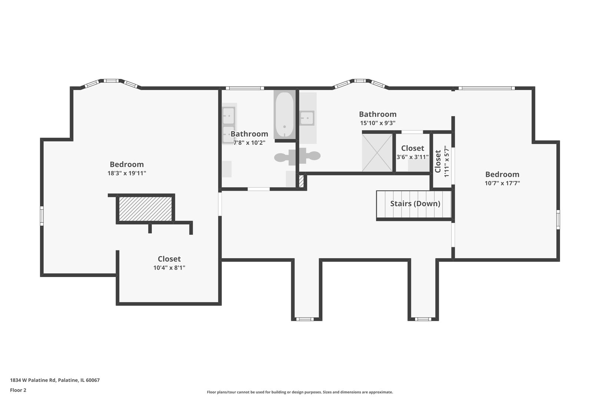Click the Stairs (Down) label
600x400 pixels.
point(415,204)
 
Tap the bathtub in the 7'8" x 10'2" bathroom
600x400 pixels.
point(284,115)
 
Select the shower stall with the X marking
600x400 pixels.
point(377,153)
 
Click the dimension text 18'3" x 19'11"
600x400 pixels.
point(127,173)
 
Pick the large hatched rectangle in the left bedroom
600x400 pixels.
point(145,209)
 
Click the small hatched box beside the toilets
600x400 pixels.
point(301,181)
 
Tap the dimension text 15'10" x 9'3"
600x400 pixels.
point(378,123)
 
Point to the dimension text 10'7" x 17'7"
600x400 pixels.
point(502,183)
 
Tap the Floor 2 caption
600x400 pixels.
point(18,390)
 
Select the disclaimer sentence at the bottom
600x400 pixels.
point(300,392)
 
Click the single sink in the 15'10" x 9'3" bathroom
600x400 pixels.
point(307,118)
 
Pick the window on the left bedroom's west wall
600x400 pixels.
point(42,216)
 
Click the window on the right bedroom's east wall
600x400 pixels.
point(558,220)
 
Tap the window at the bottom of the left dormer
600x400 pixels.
point(304,319)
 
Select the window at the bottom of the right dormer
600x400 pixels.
point(423,319)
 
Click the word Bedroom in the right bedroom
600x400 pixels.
point(502,174)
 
